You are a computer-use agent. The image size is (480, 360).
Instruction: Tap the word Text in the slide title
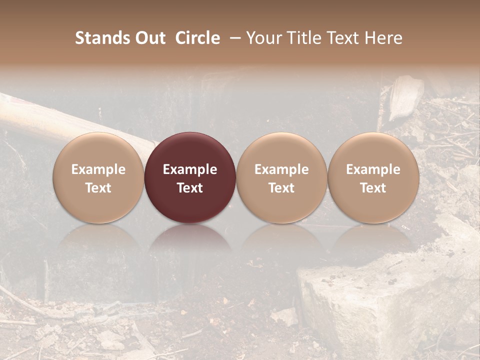344,38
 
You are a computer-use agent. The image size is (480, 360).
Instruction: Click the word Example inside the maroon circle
190,169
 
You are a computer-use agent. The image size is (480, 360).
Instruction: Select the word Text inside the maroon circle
190,188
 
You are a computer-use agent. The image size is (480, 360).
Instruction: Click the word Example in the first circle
98,169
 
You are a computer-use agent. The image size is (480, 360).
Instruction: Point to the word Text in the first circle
98,188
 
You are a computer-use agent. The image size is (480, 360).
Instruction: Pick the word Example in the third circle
281,169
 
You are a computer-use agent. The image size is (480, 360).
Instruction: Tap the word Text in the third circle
281,188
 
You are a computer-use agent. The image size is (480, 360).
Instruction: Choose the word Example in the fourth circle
373,169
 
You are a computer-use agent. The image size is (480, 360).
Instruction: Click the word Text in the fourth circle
373,188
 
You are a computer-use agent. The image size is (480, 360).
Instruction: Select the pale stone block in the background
350,300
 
